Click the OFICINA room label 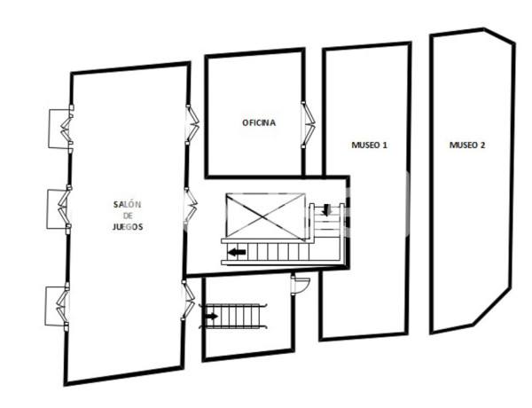(x=259, y=122)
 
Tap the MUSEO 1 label (x=369, y=144)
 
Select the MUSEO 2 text (x=466, y=144)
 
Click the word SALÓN (x=128, y=205)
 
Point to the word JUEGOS (x=129, y=226)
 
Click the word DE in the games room (x=128, y=216)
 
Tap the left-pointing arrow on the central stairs (x=236, y=253)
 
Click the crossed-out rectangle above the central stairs (x=263, y=216)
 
